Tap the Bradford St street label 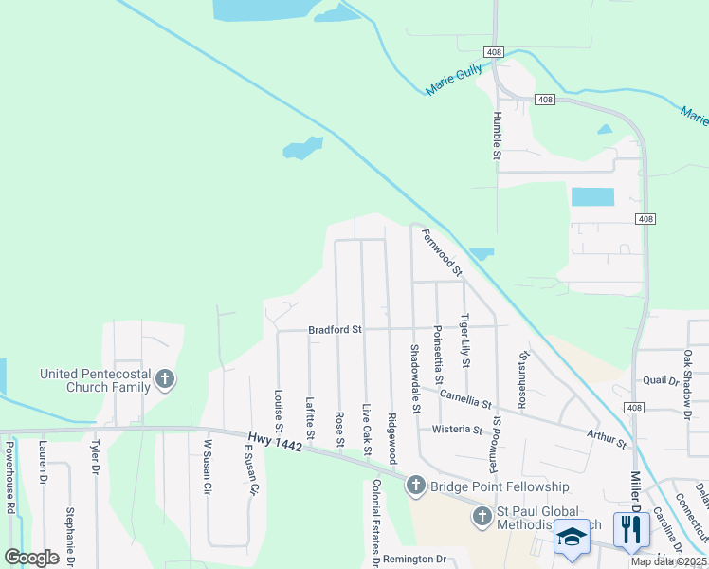point(336,330)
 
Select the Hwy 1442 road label point(274,441)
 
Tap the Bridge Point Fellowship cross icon point(415,486)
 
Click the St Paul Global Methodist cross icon point(482,517)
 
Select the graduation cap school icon point(572,537)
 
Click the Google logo point(31,558)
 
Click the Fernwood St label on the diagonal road point(442,253)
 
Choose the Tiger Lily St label point(464,340)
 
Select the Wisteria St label point(457,430)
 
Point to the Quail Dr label point(661,380)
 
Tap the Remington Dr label point(414,560)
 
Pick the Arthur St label point(607,436)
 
